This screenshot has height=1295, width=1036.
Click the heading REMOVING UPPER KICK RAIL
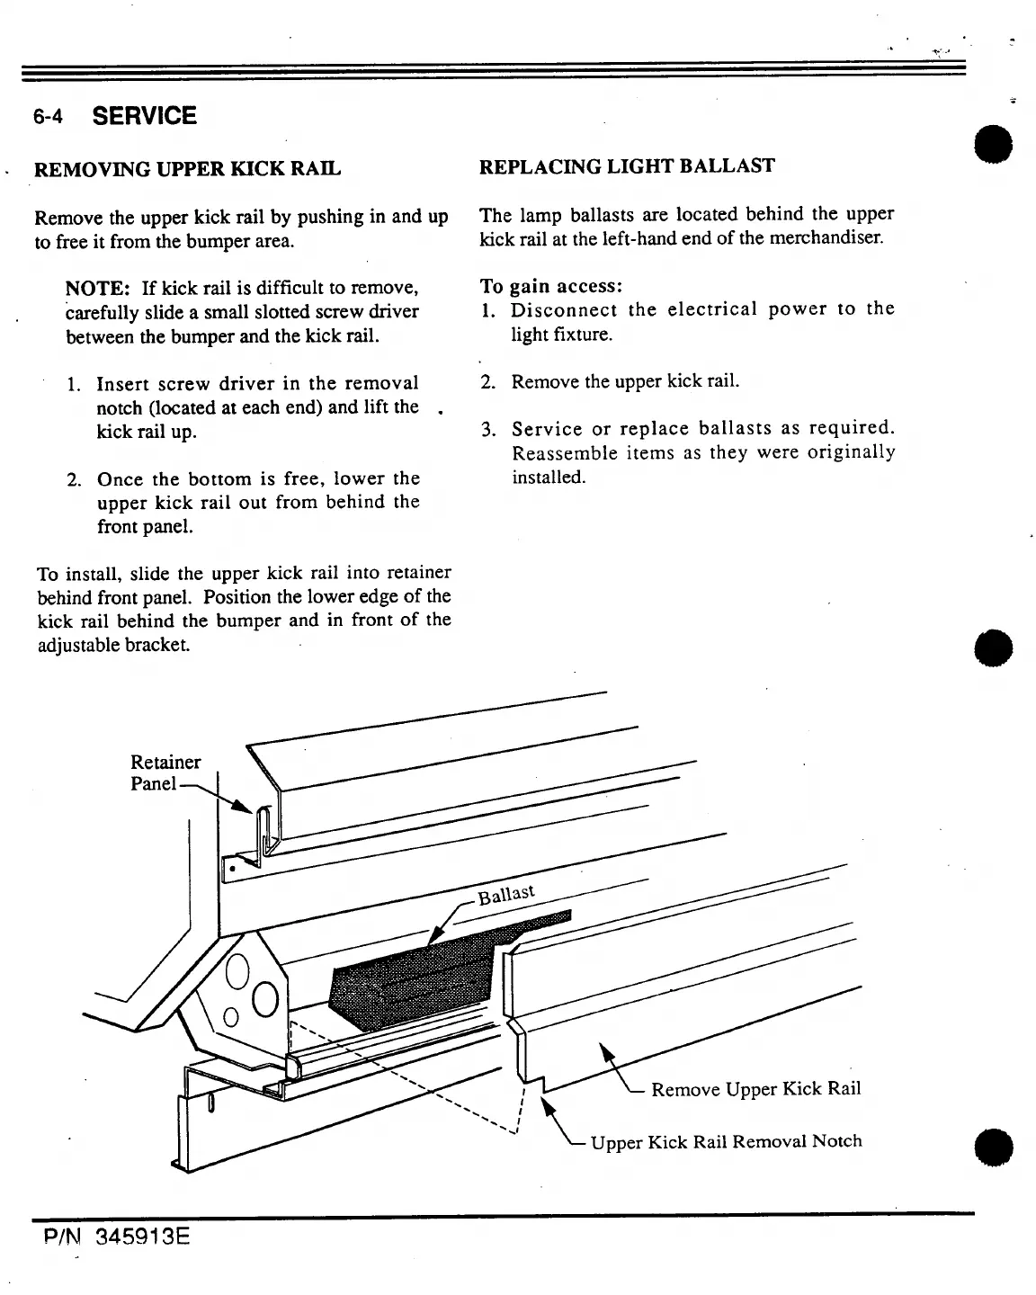click(187, 169)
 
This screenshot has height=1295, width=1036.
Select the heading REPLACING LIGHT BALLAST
click(627, 166)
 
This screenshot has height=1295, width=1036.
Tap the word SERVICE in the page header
click(144, 116)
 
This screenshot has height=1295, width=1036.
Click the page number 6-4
click(49, 117)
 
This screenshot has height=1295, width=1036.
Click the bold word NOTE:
click(100, 289)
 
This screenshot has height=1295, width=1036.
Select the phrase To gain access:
click(550, 286)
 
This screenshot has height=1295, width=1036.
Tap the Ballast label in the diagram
click(506, 895)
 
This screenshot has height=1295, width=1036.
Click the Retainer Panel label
click(165, 773)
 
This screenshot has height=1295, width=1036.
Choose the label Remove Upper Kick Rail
click(755, 1089)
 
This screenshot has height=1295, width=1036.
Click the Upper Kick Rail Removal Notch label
click(726, 1141)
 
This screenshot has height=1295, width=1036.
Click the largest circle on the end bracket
click(266, 998)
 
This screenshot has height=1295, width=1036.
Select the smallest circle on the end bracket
click(229, 1017)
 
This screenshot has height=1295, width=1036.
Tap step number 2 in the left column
click(76, 479)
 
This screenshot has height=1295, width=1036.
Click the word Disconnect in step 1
click(564, 310)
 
